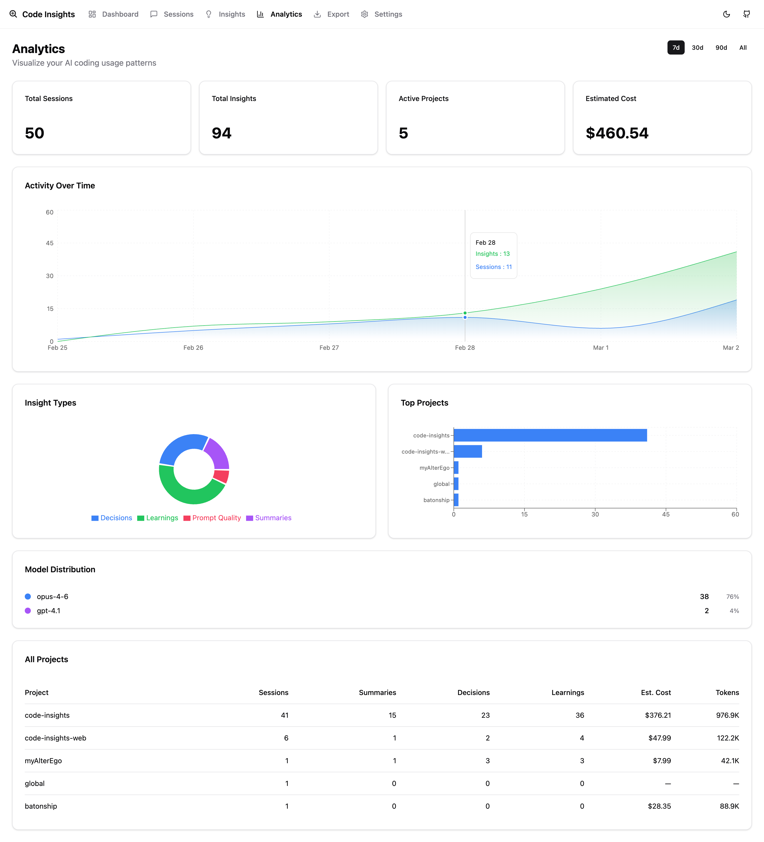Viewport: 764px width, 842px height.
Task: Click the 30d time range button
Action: click(x=697, y=48)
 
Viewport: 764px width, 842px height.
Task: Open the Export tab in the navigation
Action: click(x=332, y=14)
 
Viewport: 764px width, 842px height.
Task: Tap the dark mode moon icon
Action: click(x=726, y=14)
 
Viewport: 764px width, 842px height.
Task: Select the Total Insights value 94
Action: click(x=221, y=133)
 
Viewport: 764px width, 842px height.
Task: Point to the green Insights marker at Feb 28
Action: click(x=465, y=313)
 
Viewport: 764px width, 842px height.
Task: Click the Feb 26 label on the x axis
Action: click(x=193, y=348)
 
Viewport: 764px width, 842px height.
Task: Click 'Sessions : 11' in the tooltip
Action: click(x=493, y=267)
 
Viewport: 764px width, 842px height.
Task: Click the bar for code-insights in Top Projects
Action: click(x=550, y=435)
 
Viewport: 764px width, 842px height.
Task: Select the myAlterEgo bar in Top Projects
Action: click(x=456, y=468)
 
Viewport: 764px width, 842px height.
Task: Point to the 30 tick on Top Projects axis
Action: click(x=595, y=514)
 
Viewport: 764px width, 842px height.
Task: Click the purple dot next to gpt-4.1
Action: click(x=28, y=611)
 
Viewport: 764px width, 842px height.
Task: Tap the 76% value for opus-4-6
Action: click(x=732, y=597)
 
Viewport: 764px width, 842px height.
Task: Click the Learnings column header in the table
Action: click(x=567, y=692)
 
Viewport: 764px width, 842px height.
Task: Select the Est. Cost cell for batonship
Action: click(x=659, y=806)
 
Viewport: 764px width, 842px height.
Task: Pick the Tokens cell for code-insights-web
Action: click(x=728, y=738)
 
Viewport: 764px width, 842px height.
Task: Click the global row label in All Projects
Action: click(x=35, y=783)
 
